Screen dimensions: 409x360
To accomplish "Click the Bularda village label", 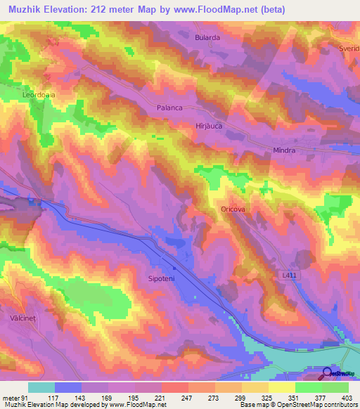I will pos(207,37).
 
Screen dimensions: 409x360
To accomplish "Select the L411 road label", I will pos(290,278).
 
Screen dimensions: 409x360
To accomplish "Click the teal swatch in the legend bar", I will pos(41,387).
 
